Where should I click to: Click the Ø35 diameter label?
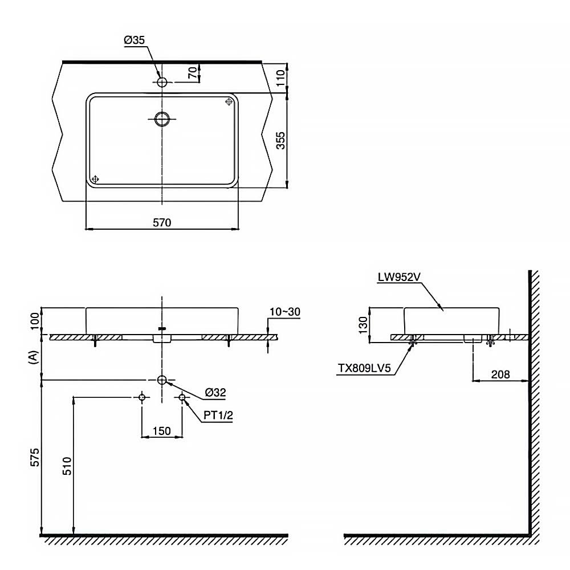[135, 40]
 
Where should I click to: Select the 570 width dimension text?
[162, 222]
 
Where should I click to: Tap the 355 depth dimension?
[280, 140]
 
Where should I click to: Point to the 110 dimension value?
[280, 78]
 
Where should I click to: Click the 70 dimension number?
[193, 72]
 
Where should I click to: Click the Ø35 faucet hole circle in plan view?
[162, 82]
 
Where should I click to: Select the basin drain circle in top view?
[162, 119]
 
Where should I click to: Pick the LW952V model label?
[399, 277]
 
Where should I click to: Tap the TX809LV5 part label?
[364, 368]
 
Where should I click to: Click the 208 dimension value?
[500, 374]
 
